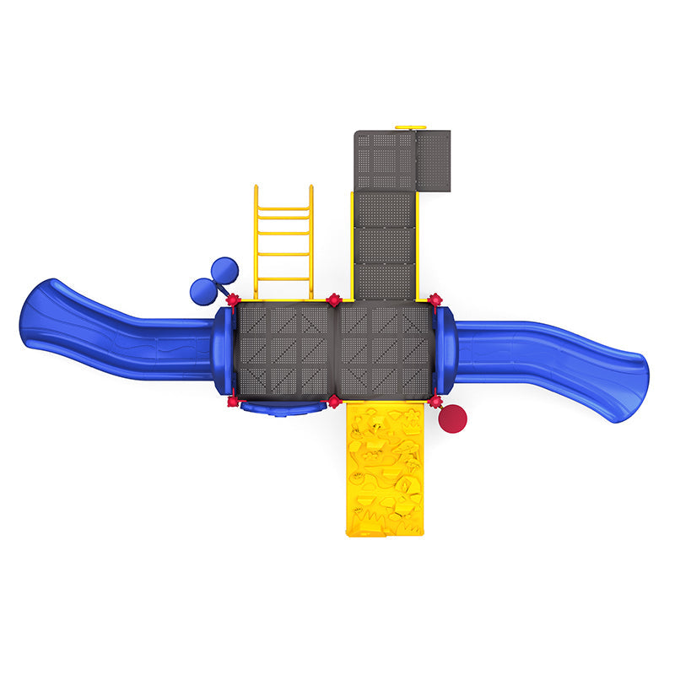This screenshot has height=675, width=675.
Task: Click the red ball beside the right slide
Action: click(x=454, y=417)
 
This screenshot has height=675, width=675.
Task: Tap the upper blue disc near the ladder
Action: click(x=224, y=270)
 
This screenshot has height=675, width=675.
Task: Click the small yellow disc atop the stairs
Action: click(x=411, y=127)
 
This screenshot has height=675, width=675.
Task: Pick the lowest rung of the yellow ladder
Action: click(x=283, y=279)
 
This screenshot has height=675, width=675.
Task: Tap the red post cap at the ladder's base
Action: click(x=233, y=300)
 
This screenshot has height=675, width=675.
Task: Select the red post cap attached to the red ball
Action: click(x=435, y=402)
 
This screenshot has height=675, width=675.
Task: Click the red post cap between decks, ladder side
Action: click(x=333, y=300)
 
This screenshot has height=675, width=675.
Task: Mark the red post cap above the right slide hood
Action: click(x=435, y=300)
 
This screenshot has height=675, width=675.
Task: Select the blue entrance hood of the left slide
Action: click(x=222, y=350)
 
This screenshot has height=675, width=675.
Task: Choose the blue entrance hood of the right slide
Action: click(x=445, y=350)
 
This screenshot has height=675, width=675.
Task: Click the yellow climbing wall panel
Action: click(x=386, y=468)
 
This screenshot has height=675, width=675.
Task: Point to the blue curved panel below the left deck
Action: click(x=282, y=408)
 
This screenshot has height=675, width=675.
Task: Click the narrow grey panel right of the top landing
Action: click(x=434, y=159)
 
